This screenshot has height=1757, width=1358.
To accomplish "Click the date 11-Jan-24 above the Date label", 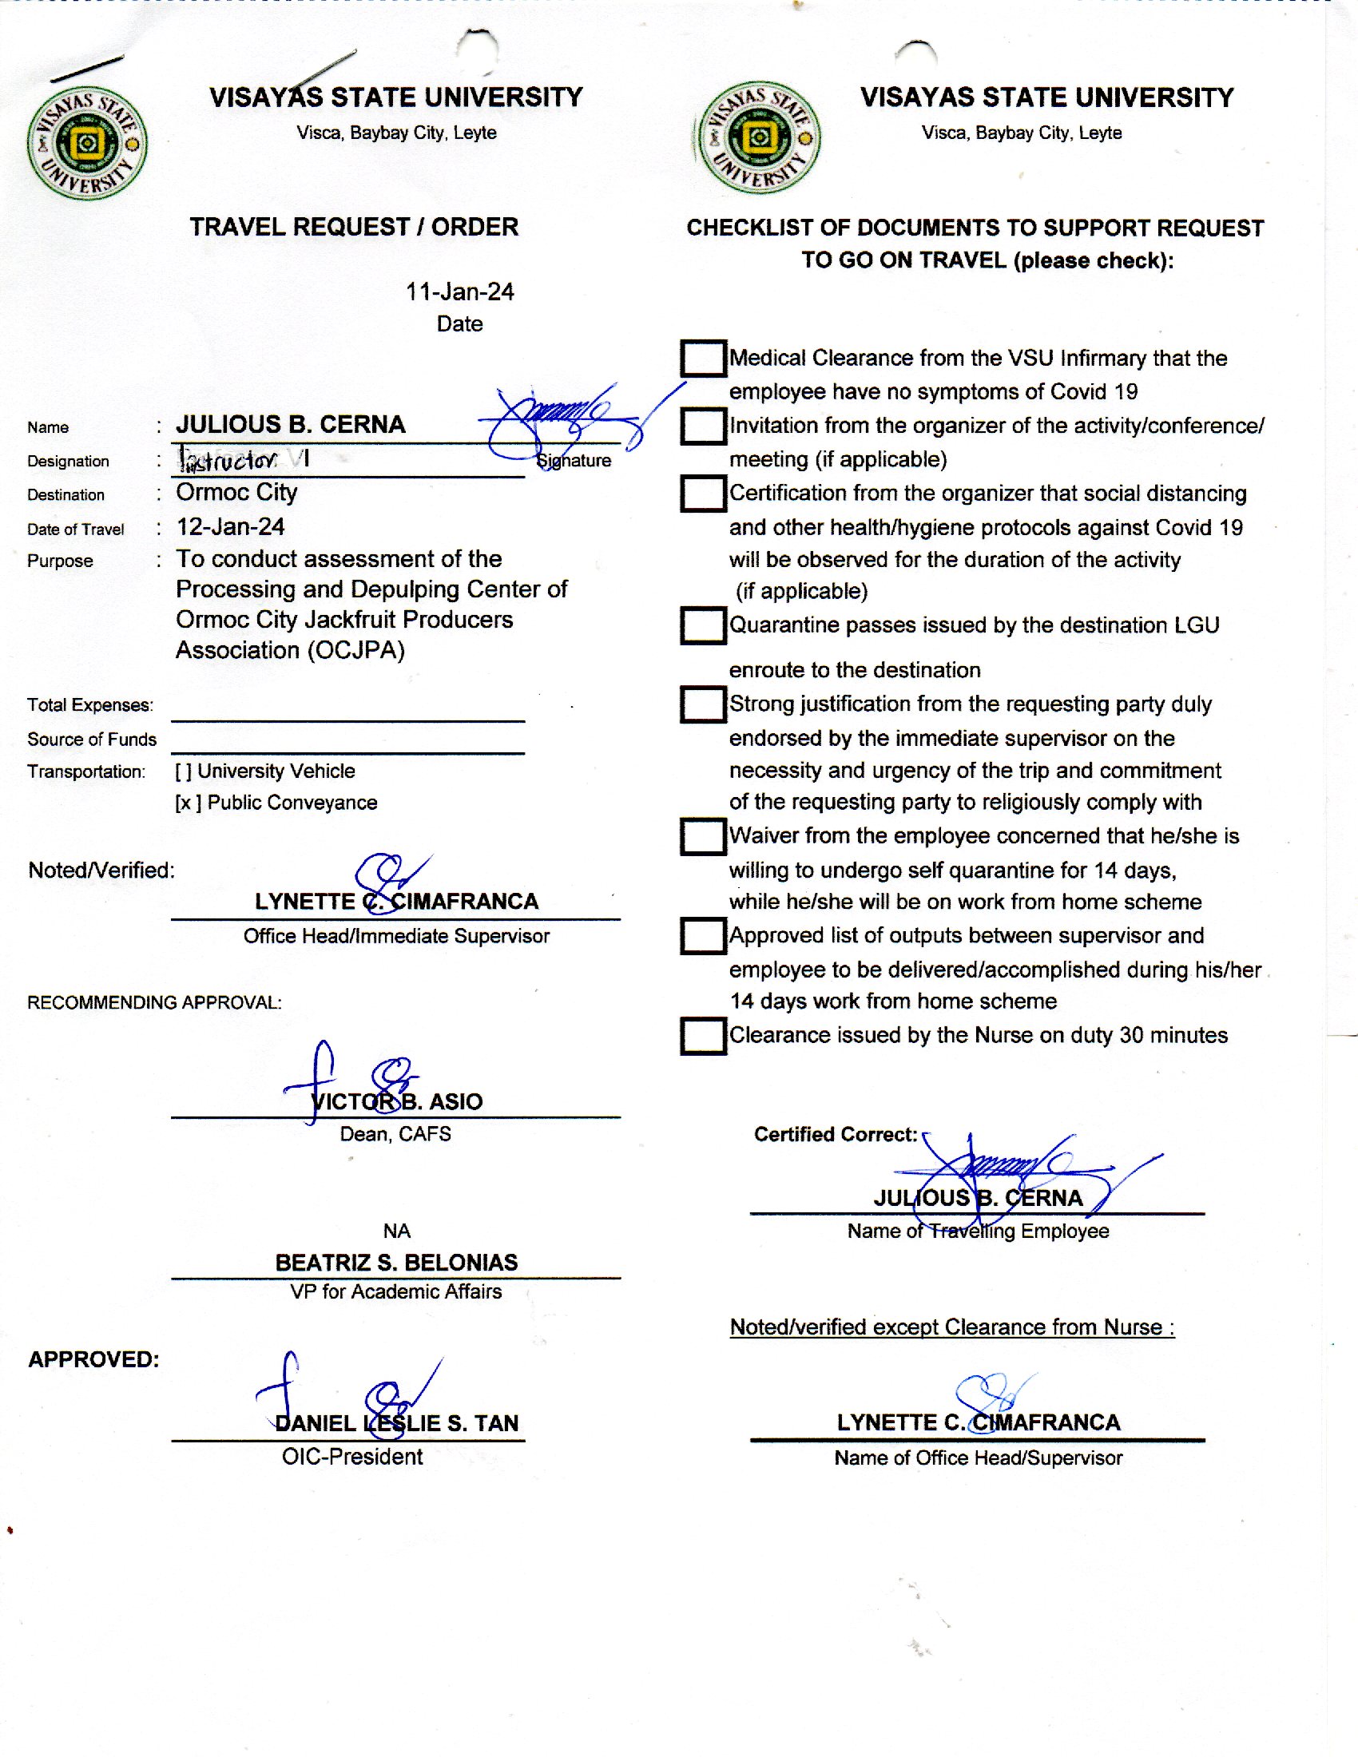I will click(459, 292).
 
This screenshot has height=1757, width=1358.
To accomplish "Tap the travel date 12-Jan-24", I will click(230, 527).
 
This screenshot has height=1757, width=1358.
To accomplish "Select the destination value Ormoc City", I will click(236, 491).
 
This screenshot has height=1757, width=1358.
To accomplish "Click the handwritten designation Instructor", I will click(231, 460).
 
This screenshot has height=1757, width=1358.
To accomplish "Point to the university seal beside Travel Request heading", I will click(87, 143).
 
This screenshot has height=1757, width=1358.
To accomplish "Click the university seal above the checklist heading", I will click(758, 137).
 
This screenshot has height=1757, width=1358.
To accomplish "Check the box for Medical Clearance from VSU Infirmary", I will click(702, 358).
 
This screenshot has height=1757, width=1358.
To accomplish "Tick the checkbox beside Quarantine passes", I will click(702, 625).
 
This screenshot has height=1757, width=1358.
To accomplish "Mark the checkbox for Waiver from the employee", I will click(702, 837).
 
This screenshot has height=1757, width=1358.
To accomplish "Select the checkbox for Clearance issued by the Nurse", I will click(702, 1035).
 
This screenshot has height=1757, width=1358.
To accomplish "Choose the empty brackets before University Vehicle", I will click(184, 771).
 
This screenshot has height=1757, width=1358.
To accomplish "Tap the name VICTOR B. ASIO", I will click(397, 1101).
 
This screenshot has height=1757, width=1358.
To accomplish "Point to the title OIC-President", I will click(351, 1456).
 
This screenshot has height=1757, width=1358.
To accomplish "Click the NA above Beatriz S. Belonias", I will click(397, 1231).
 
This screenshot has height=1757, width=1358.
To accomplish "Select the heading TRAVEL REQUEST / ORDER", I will click(354, 227).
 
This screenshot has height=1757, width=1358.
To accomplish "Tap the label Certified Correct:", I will click(835, 1134).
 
